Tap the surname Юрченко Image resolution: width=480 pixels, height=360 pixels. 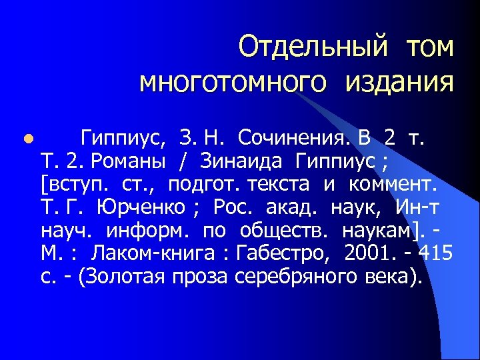[x=141, y=207]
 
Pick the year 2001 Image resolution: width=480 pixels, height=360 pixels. [x=371, y=253]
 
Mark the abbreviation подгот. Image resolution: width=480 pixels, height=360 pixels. [x=201, y=185]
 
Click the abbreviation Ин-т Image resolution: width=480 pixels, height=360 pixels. [x=417, y=207]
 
